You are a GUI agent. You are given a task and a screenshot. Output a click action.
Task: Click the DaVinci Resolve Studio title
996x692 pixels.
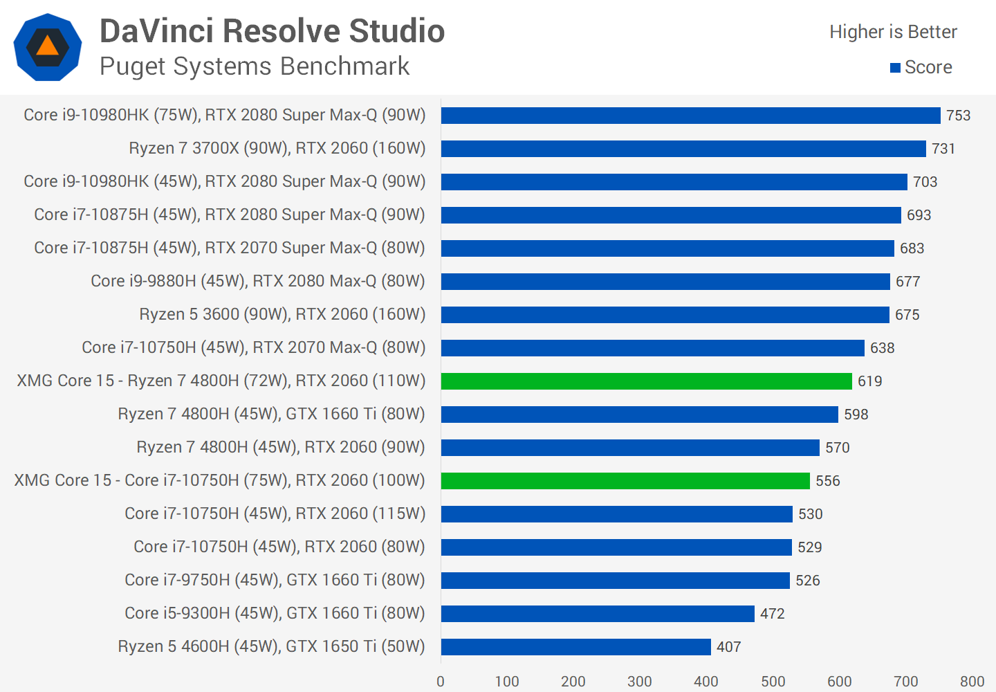[x=272, y=31]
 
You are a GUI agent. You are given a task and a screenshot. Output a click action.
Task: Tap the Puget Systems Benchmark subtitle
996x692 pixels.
[x=255, y=66]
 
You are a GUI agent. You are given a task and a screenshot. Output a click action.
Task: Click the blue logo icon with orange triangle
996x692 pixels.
[x=48, y=47]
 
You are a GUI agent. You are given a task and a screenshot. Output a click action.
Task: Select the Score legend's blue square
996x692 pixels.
[x=895, y=68]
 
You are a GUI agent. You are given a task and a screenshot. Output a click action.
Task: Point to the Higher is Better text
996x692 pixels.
[x=893, y=32]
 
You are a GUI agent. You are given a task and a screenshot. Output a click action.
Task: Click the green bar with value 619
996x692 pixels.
[x=646, y=381]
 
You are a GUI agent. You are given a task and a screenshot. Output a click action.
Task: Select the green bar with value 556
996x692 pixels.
[x=625, y=481]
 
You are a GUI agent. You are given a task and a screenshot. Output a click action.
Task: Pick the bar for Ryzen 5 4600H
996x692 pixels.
[x=575, y=647]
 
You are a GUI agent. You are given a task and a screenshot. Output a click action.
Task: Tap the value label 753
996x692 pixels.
[x=958, y=116]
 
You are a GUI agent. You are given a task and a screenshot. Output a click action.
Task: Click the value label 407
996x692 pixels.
[x=728, y=647]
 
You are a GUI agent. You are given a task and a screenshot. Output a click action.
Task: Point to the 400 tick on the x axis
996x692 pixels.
[x=705, y=682]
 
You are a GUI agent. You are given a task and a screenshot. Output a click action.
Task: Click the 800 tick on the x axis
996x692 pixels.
[x=972, y=682]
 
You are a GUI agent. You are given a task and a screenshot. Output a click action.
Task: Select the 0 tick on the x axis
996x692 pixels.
[x=441, y=682]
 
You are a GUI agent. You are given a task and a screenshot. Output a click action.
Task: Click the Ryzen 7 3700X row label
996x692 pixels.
[x=277, y=148]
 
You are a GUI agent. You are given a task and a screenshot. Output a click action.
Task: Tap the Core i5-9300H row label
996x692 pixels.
[x=275, y=613]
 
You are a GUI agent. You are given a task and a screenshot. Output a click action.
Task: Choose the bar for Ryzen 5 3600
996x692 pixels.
[x=665, y=315]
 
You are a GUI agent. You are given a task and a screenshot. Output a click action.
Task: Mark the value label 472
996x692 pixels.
[x=772, y=614]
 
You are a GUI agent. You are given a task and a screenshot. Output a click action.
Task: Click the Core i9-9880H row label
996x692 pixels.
[x=258, y=281]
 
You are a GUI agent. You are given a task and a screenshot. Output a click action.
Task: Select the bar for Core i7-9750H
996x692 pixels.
[x=615, y=581]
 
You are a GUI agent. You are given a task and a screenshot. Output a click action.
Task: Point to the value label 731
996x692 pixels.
[x=943, y=149]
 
